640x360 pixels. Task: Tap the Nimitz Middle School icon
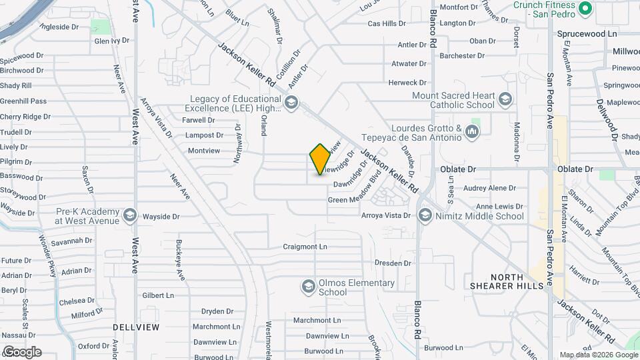(x=425, y=215)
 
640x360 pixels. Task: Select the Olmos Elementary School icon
(x=307, y=287)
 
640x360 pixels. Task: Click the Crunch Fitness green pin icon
(x=585, y=9)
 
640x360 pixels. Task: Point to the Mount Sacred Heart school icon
(x=505, y=100)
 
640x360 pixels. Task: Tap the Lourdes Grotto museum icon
(x=474, y=131)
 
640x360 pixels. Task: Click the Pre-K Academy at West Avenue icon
(x=130, y=216)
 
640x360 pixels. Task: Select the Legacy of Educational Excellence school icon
(x=291, y=103)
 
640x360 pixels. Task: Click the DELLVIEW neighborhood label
(x=136, y=327)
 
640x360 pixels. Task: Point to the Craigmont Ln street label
(x=305, y=247)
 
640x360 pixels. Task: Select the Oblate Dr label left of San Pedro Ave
(x=458, y=169)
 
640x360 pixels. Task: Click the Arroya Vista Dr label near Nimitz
(x=385, y=215)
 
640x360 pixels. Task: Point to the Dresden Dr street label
(x=393, y=263)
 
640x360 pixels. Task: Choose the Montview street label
(x=203, y=151)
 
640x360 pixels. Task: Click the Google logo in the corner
(x=22, y=352)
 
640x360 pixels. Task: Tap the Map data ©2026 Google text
(x=597, y=355)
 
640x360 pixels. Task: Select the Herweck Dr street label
(x=408, y=83)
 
